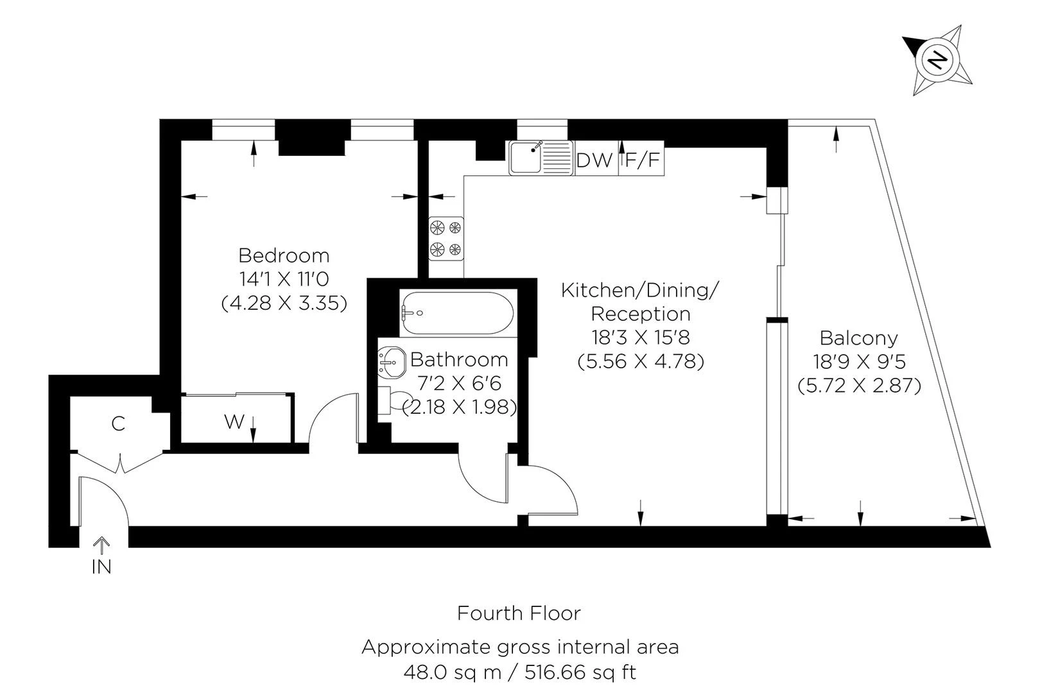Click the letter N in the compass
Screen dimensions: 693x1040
[x=938, y=60]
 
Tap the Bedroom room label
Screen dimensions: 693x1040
[x=284, y=255]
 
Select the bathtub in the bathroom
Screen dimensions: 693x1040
[x=456, y=312]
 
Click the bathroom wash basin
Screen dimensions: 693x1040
[x=390, y=362]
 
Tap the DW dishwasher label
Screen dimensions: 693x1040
[x=594, y=160]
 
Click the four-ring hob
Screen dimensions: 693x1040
[x=446, y=238]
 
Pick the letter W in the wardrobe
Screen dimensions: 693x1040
[x=234, y=422]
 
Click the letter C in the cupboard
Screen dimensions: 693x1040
[x=118, y=424]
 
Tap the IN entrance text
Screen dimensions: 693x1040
[x=101, y=567]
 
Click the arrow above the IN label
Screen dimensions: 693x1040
[x=101, y=545]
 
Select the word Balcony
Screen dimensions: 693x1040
[x=859, y=338]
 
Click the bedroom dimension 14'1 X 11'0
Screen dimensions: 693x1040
[x=284, y=279]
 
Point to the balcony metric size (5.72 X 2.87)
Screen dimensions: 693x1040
[x=859, y=386]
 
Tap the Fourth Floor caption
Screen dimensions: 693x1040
[x=519, y=613]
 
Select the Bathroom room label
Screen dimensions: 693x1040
[x=459, y=359]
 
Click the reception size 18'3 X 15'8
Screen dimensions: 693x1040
[x=640, y=338]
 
